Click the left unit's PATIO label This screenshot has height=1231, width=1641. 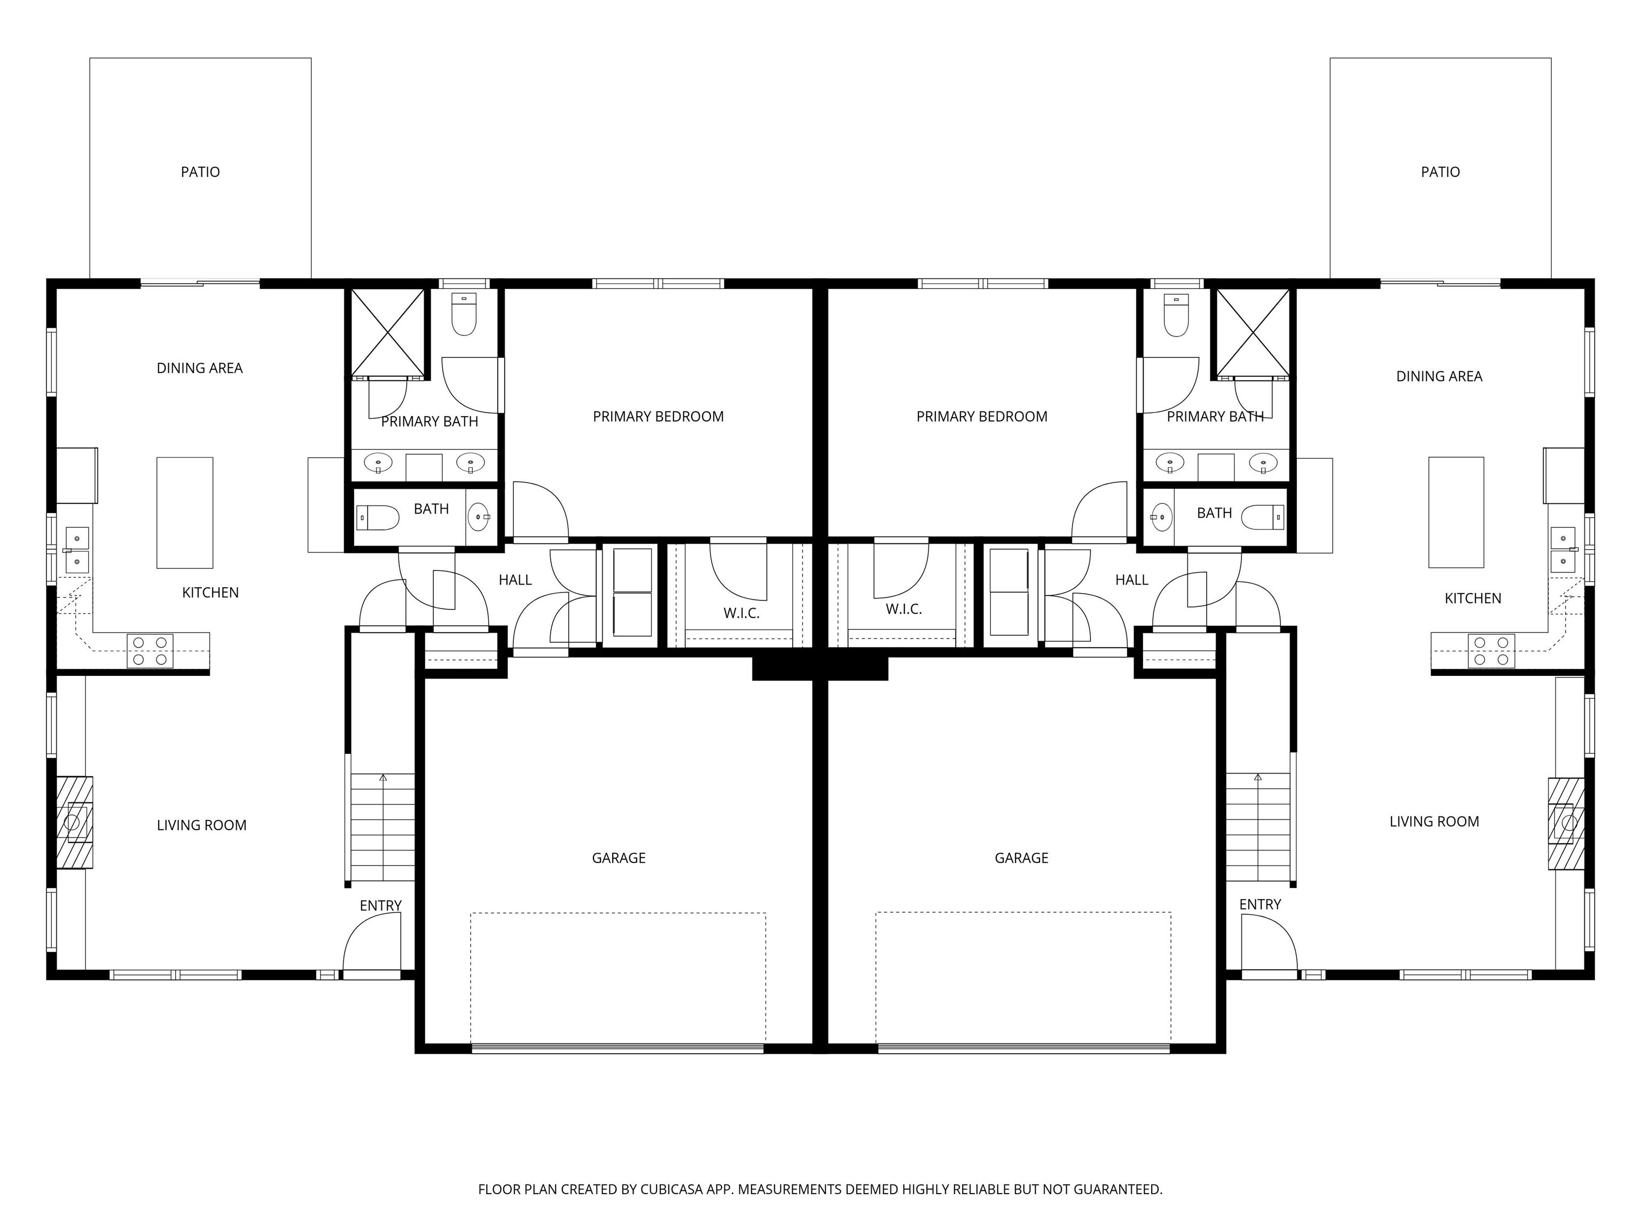(x=200, y=172)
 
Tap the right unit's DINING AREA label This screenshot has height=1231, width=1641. (x=1439, y=376)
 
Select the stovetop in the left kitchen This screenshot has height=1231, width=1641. (x=150, y=651)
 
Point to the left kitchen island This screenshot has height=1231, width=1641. (x=185, y=513)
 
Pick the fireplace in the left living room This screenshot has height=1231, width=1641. (x=75, y=822)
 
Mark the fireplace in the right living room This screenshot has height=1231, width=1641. (x=1566, y=823)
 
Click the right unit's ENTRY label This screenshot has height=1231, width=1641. (x=1260, y=905)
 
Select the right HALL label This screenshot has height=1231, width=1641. (x=1131, y=580)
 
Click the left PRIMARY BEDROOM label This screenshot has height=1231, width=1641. (x=658, y=417)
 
